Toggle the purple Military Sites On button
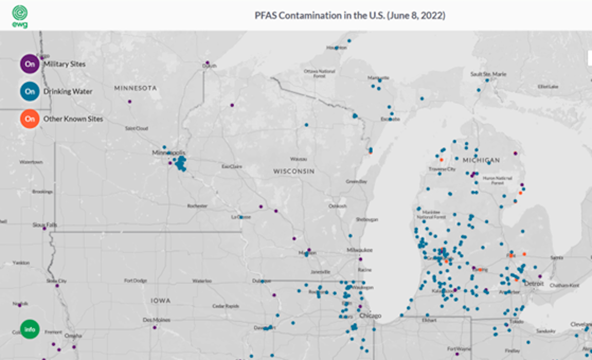point(30,64)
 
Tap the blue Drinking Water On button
point(30,91)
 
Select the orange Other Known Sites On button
point(30,119)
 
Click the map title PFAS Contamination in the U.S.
point(349,15)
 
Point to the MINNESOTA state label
point(135,88)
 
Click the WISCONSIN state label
point(294,171)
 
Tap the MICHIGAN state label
point(481,160)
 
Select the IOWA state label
point(161,300)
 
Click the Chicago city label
point(370,316)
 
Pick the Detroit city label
point(534,284)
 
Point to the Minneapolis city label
point(169,153)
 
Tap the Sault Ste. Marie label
point(488,74)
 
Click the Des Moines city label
point(156,320)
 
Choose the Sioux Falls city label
point(45,225)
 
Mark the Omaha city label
point(73,336)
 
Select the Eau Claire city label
point(231,166)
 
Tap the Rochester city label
point(197,206)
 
